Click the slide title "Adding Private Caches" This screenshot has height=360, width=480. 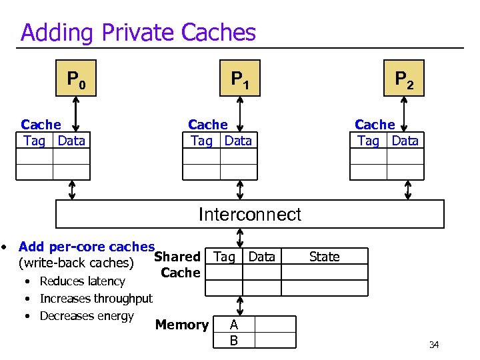click(x=138, y=32)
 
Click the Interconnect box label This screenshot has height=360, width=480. click(x=249, y=214)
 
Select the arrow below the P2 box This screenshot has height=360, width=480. click(x=403, y=110)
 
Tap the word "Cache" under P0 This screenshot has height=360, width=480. click(x=41, y=125)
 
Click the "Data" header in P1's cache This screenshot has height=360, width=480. click(x=238, y=141)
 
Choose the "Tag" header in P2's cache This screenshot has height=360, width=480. click(x=368, y=141)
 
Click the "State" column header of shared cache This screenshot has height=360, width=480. click(x=324, y=257)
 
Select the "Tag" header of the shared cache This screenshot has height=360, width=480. click(x=224, y=257)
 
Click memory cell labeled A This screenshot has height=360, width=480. click(x=233, y=325)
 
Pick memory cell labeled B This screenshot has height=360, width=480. click(x=233, y=340)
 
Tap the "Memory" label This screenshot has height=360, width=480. click(x=181, y=325)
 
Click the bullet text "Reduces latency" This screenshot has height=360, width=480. click(x=82, y=281)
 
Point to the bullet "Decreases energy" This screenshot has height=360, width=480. click(x=87, y=316)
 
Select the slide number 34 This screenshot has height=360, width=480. click(x=433, y=345)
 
